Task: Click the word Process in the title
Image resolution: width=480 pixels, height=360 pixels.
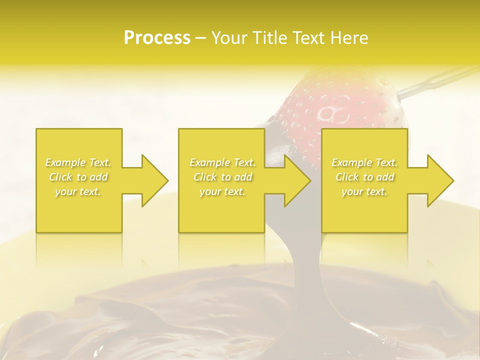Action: tap(157, 38)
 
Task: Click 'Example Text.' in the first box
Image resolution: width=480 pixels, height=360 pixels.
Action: tap(78, 162)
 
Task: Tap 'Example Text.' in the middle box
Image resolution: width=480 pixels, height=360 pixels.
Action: tap(222, 162)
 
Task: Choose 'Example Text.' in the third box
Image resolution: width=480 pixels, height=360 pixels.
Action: tap(364, 162)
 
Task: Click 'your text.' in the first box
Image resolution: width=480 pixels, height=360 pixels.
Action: tap(78, 191)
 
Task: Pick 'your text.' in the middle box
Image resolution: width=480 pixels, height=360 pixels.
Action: tap(222, 191)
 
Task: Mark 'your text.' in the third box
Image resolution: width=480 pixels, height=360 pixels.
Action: tap(364, 191)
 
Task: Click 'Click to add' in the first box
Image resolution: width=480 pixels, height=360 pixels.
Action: tap(78, 177)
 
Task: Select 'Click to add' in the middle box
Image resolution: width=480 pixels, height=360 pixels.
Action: tap(222, 177)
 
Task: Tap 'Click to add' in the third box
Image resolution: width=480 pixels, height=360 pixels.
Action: tap(364, 177)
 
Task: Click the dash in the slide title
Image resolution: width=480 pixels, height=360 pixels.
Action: tap(201, 38)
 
